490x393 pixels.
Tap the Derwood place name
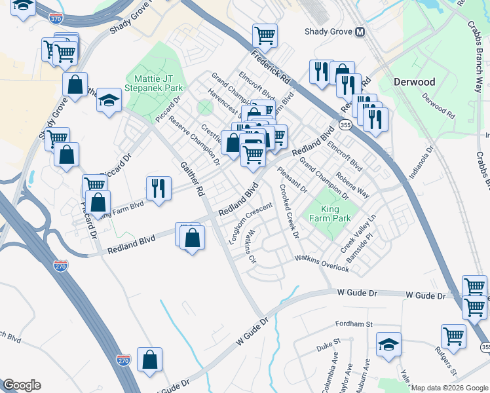(x=414, y=82)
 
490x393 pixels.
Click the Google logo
(x=22, y=385)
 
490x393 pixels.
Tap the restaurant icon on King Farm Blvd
(x=158, y=189)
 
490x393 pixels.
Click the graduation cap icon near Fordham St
(x=388, y=345)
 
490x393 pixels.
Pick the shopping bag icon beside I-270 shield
(x=150, y=358)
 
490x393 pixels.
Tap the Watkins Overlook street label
(x=322, y=259)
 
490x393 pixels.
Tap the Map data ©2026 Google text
(x=448, y=388)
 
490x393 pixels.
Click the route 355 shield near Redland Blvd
(x=344, y=124)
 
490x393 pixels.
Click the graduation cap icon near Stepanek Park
(x=109, y=100)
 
